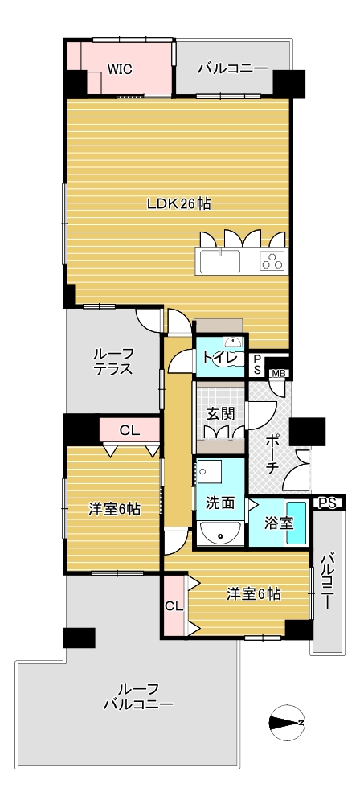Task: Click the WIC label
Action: coord(120,69)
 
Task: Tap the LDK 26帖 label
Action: coord(178,204)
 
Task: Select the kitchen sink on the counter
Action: coord(220,261)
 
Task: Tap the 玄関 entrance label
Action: coord(219,414)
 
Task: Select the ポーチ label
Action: coord(273,453)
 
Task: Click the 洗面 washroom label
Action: coord(220,503)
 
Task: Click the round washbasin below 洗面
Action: coord(220,534)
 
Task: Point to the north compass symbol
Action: coord(287,723)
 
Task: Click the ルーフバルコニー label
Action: coord(138,695)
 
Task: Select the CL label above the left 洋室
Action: coord(129,431)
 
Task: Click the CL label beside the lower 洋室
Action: coord(174,605)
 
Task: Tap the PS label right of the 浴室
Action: coord(327,503)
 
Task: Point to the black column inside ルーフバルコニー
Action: coord(79,638)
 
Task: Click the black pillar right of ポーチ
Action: coord(307,431)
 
